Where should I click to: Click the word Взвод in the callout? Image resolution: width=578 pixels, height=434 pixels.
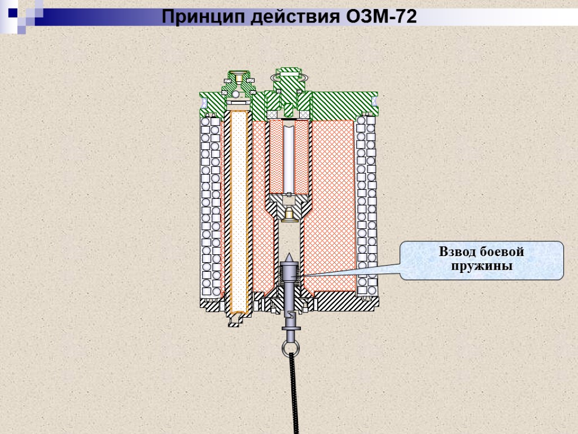(x=457, y=251)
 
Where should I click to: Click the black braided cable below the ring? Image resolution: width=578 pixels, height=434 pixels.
(x=295, y=396)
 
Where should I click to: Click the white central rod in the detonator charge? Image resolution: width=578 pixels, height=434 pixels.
(x=288, y=158)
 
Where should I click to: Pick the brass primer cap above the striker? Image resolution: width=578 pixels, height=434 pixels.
(x=288, y=213)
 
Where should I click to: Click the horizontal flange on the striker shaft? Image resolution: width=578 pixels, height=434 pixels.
(x=291, y=328)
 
